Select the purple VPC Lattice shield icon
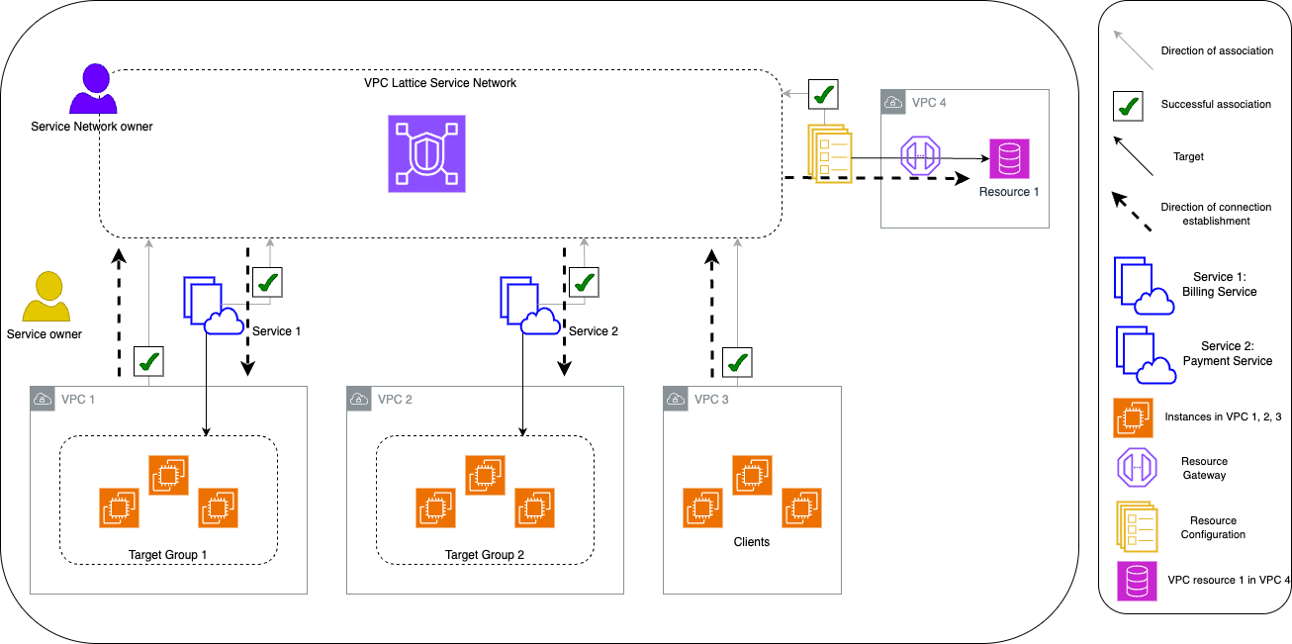426,153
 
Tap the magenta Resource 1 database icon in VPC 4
1010,158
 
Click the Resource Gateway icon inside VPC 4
920,157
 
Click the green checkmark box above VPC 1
148,362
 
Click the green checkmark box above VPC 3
736,362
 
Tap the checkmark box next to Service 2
585,282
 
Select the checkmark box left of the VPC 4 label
824,95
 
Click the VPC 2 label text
395,400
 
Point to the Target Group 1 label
168,554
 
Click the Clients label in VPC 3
752,542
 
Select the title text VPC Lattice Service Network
440,83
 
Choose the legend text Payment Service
1227,361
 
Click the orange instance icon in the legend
1133,417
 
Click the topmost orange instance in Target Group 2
485,475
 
